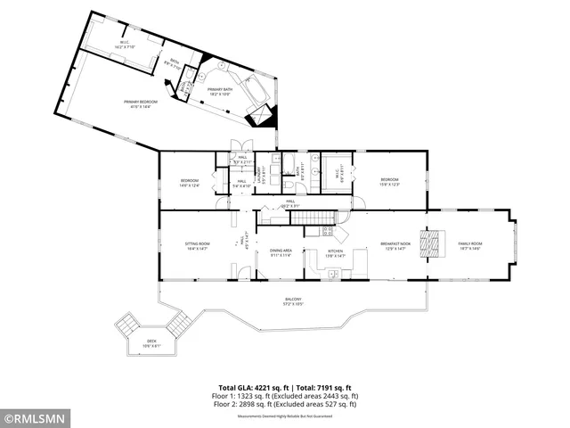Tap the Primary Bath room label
tap(220, 91)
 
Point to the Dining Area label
tap(281, 252)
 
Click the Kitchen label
tap(335, 252)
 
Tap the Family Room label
tap(469, 245)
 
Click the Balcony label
tap(293, 300)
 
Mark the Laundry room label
tap(262, 171)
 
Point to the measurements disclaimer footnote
tap(284, 416)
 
